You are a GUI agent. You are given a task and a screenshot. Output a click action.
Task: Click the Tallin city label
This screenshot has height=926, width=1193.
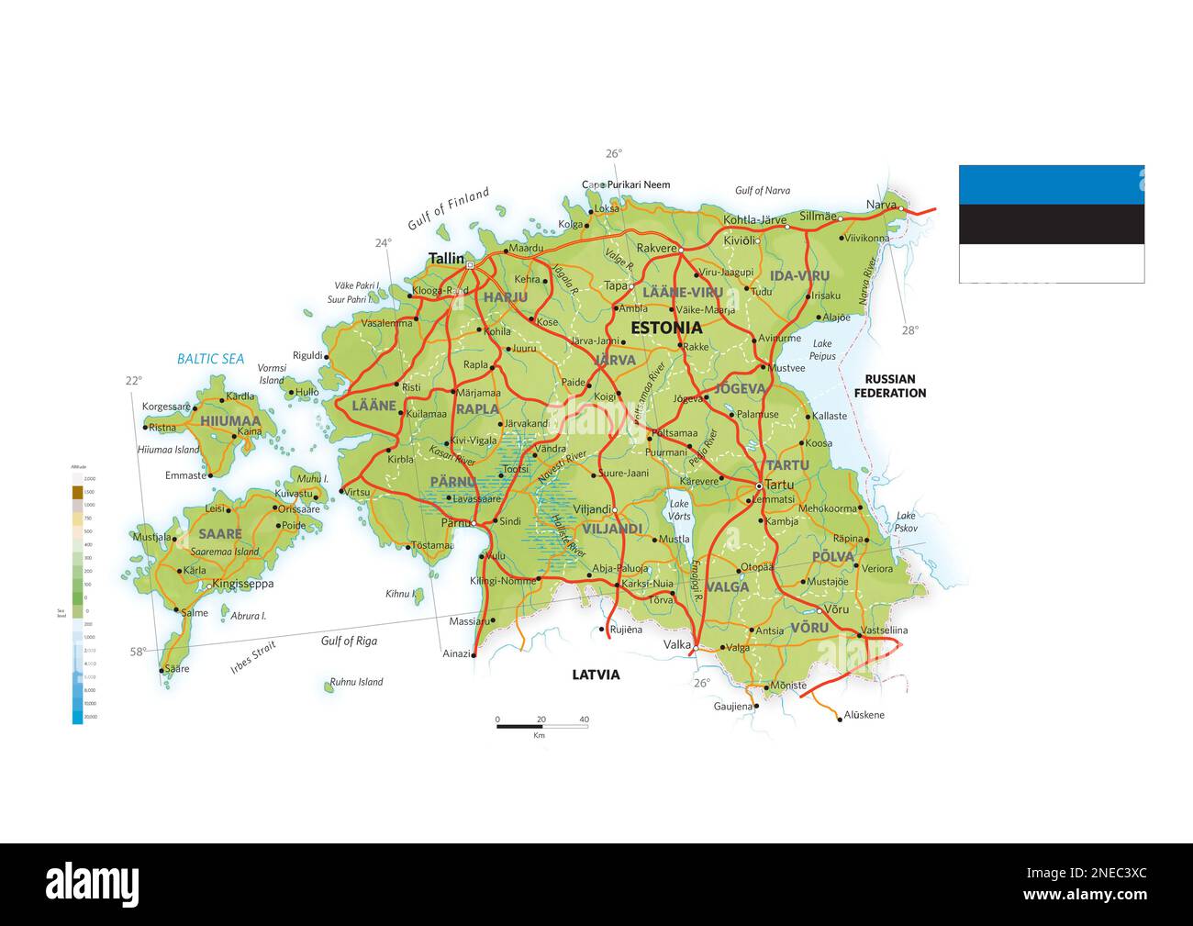click(447, 259)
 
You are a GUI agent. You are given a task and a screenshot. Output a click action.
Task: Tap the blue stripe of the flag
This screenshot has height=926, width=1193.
click(1052, 184)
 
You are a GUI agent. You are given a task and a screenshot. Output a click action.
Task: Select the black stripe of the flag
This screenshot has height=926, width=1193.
click(1052, 224)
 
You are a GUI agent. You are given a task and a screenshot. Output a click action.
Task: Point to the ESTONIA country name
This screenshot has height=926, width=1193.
click(666, 328)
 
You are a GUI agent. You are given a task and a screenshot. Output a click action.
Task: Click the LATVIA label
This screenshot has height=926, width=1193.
click(596, 675)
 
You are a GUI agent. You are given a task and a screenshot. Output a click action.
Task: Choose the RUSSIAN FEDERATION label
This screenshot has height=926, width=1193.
click(889, 385)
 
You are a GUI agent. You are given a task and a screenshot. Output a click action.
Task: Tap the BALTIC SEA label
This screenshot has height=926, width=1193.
click(210, 359)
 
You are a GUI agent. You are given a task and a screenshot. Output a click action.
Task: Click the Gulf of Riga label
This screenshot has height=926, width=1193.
click(349, 641)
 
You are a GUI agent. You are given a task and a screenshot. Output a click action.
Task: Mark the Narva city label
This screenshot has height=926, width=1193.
click(881, 205)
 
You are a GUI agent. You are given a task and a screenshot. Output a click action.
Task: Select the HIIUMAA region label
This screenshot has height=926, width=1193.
click(230, 421)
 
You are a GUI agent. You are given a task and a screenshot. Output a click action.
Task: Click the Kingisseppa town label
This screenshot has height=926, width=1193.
click(242, 584)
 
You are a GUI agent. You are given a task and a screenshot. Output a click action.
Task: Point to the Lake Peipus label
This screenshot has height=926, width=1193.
click(822, 350)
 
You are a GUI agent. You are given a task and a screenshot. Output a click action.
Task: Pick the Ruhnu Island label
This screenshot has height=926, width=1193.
click(356, 682)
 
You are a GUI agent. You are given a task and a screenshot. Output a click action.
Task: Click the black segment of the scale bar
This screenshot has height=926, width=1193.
click(519, 727)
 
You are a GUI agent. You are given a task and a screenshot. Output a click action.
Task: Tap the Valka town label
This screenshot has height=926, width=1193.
click(677, 645)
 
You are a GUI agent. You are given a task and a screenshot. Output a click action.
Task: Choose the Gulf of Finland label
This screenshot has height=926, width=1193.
click(449, 209)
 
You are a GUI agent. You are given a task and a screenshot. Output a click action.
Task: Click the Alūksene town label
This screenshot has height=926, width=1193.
click(864, 715)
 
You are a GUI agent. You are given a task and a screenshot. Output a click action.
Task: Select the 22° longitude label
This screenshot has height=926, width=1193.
click(134, 381)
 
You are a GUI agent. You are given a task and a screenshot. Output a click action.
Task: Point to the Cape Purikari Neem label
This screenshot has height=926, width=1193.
click(628, 184)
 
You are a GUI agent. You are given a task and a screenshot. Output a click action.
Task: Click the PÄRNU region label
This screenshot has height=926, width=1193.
click(452, 481)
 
